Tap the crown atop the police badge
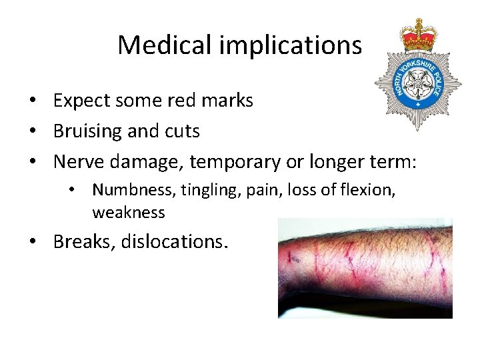click(x=418, y=35)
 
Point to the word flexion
click(x=368, y=190)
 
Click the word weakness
click(x=129, y=212)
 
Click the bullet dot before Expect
click(x=32, y=101)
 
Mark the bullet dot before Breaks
click(x=32, y=241)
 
